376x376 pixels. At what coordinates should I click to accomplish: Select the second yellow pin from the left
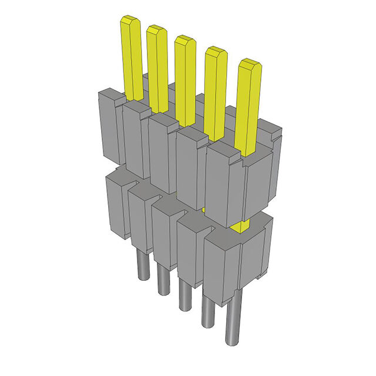coord(157,65)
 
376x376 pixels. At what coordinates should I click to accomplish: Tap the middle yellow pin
coord(184,76)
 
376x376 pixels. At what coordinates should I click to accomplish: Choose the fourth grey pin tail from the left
coord(206,311)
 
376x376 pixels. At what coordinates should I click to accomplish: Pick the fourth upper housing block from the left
coord(189,167)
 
